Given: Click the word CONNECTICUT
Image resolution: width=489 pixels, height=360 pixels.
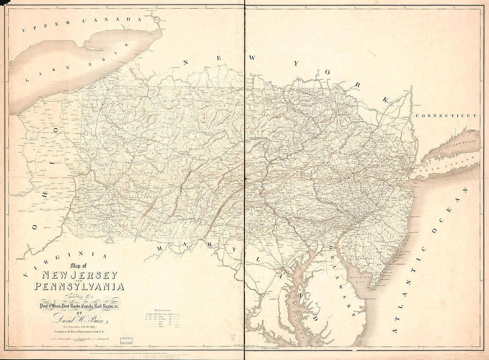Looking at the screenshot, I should [x=446, y=115].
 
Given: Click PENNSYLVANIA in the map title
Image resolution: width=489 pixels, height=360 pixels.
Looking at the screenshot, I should [x=79, y=287].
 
